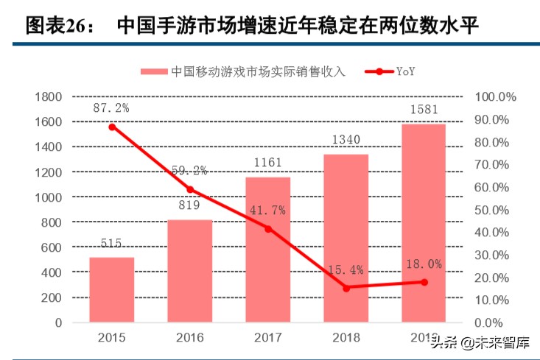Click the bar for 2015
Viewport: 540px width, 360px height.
tap(112, 289)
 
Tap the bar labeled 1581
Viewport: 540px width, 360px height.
tap(424, 223)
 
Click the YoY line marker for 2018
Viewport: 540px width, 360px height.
tap(346, 288)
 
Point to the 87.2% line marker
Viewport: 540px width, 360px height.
tap(112, 127)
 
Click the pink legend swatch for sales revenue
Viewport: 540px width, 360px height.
tap(154, 71)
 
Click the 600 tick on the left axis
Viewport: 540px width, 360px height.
tap(51, 247)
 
